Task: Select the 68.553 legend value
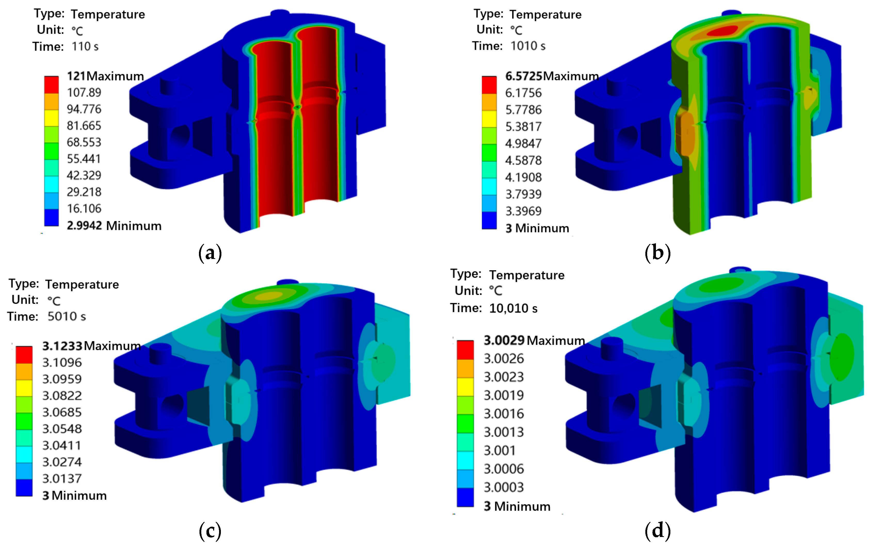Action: tap(84, 142)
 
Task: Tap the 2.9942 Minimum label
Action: tap(114, 226)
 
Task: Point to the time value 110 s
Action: tap(85, 47)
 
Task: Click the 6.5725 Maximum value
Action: tap(552, 76)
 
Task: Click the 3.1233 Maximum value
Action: tap(91, 346)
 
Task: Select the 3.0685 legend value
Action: tap(62, 412)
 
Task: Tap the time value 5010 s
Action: tap(67, 316)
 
